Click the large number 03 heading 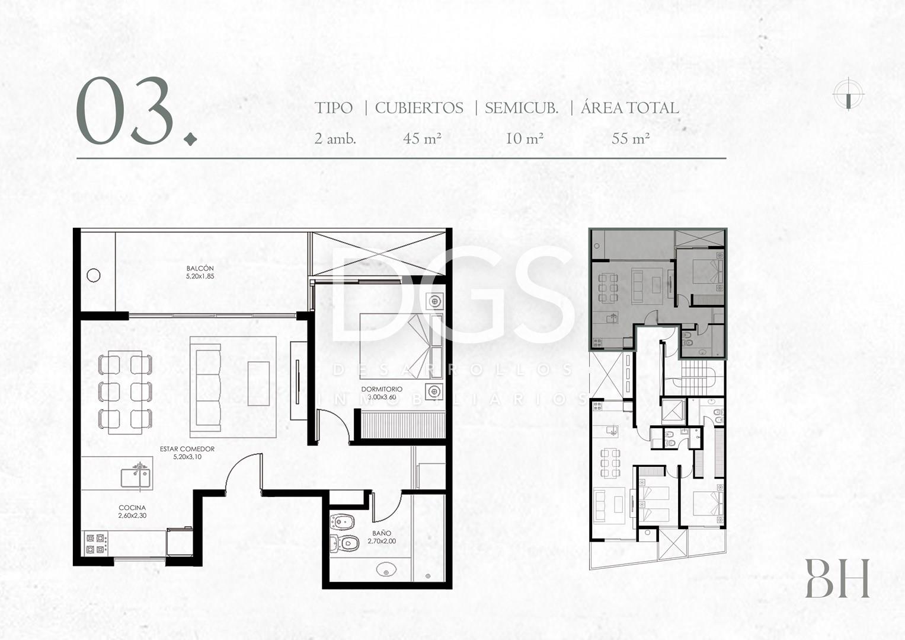point(125,110)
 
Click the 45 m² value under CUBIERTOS point(422,139)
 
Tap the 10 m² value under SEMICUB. point(525,139)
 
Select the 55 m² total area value point(630,139)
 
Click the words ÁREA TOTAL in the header point(630,108)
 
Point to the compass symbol point(848,94)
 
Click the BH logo point(837,578)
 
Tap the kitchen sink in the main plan point(136,477)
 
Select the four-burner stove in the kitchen point(96,544)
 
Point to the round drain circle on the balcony point(93,275)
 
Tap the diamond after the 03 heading point(190,139)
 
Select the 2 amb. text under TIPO point(335,139)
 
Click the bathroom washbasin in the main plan point(386,570)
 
